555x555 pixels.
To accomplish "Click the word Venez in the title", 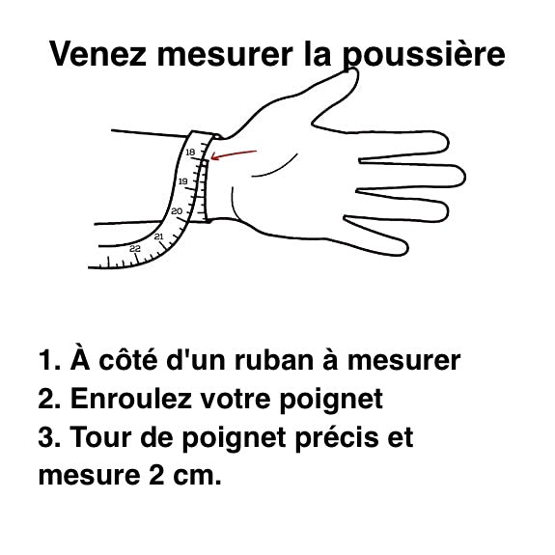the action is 97,53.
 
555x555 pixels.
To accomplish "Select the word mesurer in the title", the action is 225,55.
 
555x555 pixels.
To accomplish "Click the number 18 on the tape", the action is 190,152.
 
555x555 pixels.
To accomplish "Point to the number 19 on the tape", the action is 183,181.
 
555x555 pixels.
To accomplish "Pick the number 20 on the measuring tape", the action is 177,211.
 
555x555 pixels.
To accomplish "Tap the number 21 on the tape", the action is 159,236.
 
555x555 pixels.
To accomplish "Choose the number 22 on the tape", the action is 135,248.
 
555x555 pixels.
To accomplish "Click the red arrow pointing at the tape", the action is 234,154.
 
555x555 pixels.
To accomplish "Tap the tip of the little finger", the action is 407,249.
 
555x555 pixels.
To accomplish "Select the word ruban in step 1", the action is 274,360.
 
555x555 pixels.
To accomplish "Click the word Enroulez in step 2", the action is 131,399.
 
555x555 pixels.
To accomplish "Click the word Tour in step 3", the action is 100,437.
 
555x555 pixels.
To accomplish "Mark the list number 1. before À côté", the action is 49,361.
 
